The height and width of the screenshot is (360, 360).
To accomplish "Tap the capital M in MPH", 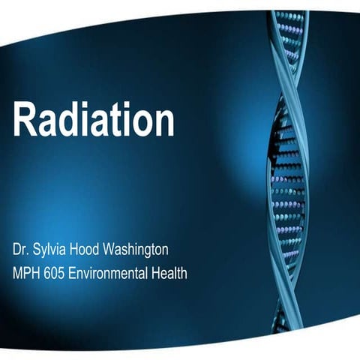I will pyautogui.click(x=17, y=272).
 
